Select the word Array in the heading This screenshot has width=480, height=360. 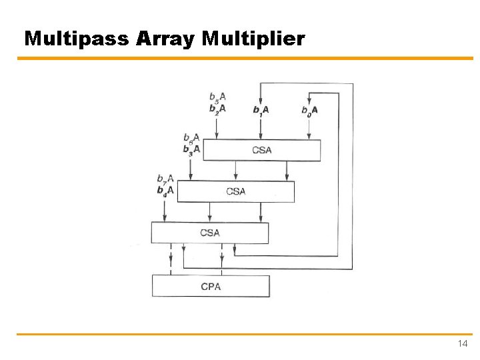tap(165, 39)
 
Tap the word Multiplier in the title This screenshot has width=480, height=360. tap(253, 39)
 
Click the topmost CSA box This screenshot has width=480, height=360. tap(261, 150)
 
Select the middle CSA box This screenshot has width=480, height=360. tap(235, 191)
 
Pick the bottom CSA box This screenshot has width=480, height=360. tap(209, 233)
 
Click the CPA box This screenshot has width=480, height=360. tap(211, 287)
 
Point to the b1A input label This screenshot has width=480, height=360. tap(261, 110)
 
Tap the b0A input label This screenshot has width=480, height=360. tap(309, 110)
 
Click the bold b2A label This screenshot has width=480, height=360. tap(217, 108)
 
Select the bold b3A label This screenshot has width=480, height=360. tap(191, 149)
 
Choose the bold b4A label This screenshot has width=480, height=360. tap(165, 190)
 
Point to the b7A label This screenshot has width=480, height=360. tap(165, 179)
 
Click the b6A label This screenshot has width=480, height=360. tap(191, 138)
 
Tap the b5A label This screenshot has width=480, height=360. tap(217, 97)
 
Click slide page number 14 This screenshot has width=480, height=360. tap(463, 344)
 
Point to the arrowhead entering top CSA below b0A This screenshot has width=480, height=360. tap(309, 137)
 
